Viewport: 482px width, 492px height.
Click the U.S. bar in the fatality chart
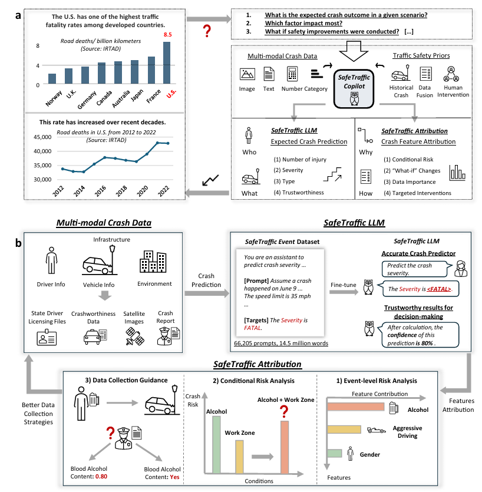pyautogui.click(x=167, y=63)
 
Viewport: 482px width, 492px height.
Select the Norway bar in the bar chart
pyautogui.click(x=52, y=79)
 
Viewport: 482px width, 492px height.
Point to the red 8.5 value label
pyautogui.click(x=167, y=36)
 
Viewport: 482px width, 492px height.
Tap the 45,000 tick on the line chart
pyautogui.click(x=39, y=136)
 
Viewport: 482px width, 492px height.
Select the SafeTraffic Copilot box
pyautogui.click(x=354, y=87)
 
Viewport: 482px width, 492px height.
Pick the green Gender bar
pyautogui.click(x=334, y=453)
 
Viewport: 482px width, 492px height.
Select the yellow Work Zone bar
pyautogui.click(x=239, y=456)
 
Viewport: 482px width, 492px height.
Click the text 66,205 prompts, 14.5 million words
pyautogui.click(x=276, y=342)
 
